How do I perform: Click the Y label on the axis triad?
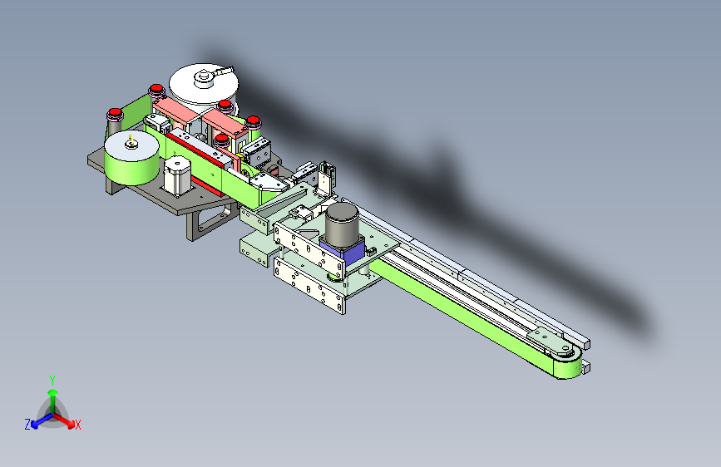(x=52, y=380)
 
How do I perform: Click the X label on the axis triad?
(x=77, y=425)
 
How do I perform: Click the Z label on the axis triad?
(x=27, y=425)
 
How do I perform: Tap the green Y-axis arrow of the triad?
(x=53, y=401)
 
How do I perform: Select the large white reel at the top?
(x=204, y=86)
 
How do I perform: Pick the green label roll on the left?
(x=132, y=158)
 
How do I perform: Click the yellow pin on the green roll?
(x=131, y=140)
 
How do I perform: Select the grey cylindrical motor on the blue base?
(x=342, y=222)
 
